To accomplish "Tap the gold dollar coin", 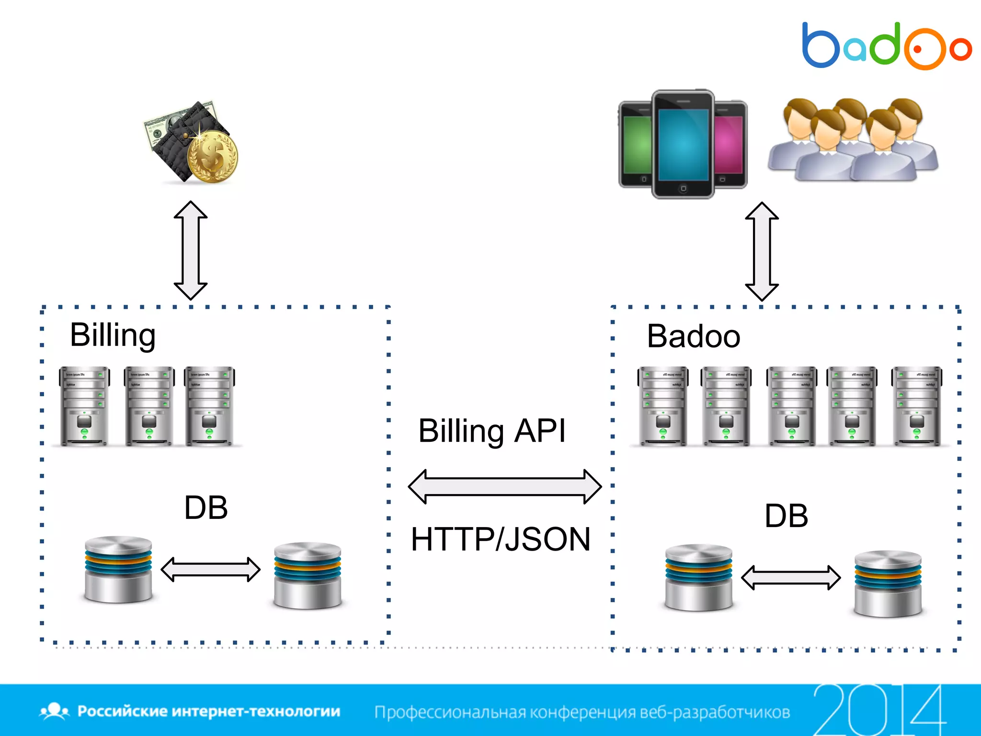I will pyautogui.click(x=212, y=157).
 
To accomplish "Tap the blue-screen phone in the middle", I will pyautogui.click(x=683, y=144).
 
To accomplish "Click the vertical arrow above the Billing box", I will pyautogui.click(x=191, y=251).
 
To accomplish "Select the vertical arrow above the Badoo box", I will pyautogui.click(x=762, y=252).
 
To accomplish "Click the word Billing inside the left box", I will pyautogui.click(x=113, y=335).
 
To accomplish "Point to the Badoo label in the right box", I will pyautogui.click(x=693, y=336).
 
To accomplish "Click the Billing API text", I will pyautogui.click(x=492, y=431).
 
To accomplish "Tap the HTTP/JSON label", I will pyautogui.click(x=501, y=540).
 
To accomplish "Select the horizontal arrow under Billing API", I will pyautogui.click(x=504, y=486).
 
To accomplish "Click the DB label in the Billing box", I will pyautogui.click(x=206, y=508).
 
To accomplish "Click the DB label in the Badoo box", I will pyautogui.click(x=786, y=516).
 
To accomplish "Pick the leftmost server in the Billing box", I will pyautogui.click(x=84, y=406).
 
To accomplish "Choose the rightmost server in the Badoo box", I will pyautogui.click(x=916, y=406).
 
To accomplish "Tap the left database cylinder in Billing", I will pyautogui.click(x=118, y=569).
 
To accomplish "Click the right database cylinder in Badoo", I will pyautogui.click(x=888, y=584).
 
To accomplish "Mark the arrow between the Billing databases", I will pyautogui.click(x=210, y=569).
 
